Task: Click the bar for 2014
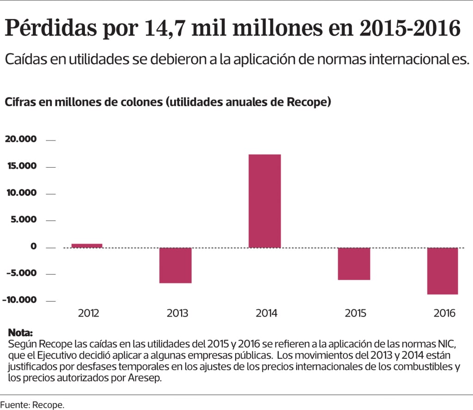265,201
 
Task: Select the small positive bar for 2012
87,246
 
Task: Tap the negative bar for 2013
176,265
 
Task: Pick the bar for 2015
354,264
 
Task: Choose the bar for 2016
443,271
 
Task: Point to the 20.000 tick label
20,139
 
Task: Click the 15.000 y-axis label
20,166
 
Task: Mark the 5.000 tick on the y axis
23,219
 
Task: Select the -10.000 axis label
19,300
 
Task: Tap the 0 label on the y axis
34,246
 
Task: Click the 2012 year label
88,313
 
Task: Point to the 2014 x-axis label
267,313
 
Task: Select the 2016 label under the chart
444,313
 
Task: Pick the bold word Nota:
21,333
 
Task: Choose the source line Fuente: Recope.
32,404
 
